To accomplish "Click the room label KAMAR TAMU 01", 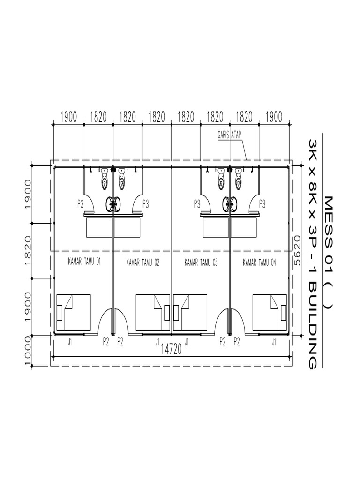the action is pyautogui.click(x=84, y=262).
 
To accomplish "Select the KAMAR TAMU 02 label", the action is pyautogui.click(x=142, y=262).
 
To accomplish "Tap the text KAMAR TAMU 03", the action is pyautogui.click(x=201, y=262).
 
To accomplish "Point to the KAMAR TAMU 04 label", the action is pyautogui.click(x=259, y=262).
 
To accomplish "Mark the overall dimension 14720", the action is pyautogui.click(x=171, y=349).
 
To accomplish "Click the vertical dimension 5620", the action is pyautogui.click(x=297, y=250).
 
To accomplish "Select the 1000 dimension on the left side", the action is pyautogui.click(x=28, y=351).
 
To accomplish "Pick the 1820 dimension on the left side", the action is pyautogui.click(x=28, y=250).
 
